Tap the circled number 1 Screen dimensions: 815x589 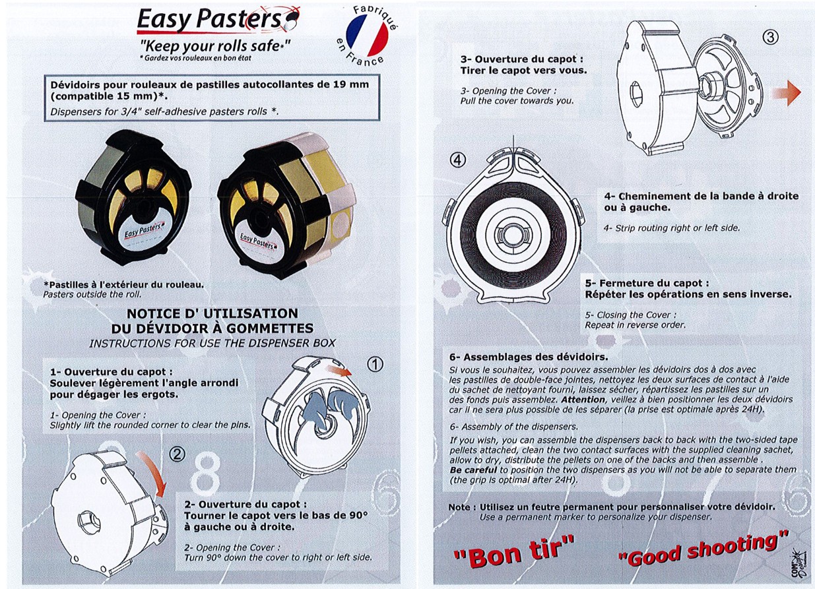(375, 364)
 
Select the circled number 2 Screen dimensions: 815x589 (178, 454)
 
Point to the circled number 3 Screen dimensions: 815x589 (770, 38)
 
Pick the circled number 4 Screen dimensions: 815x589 (458, 160)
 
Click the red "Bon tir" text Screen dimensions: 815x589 (513, 551)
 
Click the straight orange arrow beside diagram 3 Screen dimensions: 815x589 (787, 93)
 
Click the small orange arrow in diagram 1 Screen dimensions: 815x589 (339, 371)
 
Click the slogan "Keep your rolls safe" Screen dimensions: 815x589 (215, 46)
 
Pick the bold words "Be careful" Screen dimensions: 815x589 (473, 470)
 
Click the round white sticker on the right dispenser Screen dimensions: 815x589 (342, 226)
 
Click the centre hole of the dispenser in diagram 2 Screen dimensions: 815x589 (90, 522)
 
